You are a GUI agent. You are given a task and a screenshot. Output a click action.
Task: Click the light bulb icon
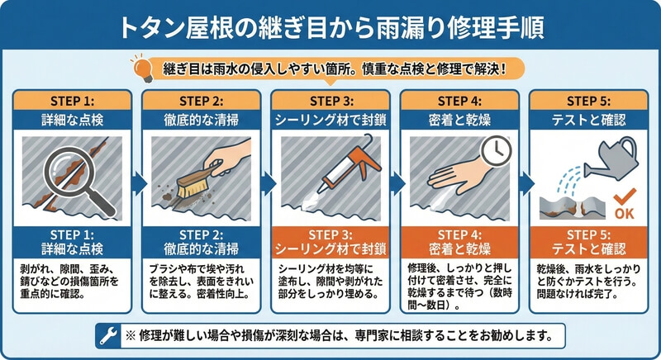pyautogui.click(x=141, y=68)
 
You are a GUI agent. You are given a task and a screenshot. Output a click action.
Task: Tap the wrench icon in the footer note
pyautogui.click(x=108, y=336)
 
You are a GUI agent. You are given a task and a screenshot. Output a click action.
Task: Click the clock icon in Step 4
pyautogui.click(x=497, y=150)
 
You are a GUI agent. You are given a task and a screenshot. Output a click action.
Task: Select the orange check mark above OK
pyautogui.click(x=625, y=197)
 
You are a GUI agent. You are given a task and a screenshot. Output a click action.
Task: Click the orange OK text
pyautogui.click(x=625, y=214)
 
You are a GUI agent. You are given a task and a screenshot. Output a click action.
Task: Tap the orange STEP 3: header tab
pyautogui.click(x=331, y=101)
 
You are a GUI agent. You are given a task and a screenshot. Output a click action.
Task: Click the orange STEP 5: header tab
pyautogui.click(x=588, y=101)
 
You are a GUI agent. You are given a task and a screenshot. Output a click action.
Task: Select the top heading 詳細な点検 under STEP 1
pyautogui.click(x=72, y=120)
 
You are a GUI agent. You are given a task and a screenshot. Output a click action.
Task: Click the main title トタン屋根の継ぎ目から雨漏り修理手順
pyautogui.click(x=331, y=28)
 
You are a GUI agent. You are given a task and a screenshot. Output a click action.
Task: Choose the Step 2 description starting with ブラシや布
pyautogui.click(x=201, y=282)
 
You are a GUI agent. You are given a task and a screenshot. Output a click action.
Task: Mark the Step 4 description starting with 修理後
pyautogui.click(x=459, y=287)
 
